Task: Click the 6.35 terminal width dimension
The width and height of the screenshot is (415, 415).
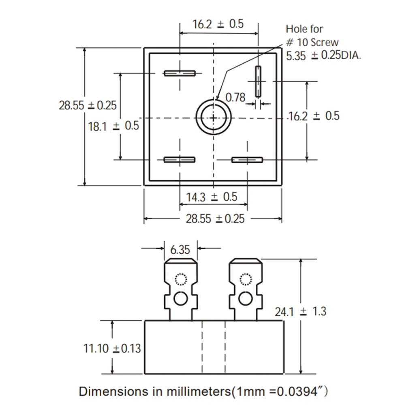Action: coord(180,250)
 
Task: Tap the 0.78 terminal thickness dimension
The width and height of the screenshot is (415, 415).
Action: coord(235,97)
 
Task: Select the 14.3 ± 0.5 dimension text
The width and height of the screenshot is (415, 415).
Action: coord(212,197)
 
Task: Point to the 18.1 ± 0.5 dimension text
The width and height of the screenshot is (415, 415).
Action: coord(113,126)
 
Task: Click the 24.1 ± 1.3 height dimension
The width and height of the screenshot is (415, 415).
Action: coord(300,312)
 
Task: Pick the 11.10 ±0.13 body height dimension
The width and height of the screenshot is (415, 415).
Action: coord(112,348)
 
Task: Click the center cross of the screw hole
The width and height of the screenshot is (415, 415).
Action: coord(213,118)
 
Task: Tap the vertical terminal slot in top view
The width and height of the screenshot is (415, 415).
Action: coord(258,81)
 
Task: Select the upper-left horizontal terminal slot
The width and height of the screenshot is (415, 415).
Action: coord(180,73)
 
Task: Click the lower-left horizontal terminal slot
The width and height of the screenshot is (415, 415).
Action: coord(180,160)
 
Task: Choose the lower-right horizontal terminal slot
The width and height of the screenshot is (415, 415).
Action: coord(247,160)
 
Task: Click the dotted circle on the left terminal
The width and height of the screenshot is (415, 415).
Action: coord(181,279)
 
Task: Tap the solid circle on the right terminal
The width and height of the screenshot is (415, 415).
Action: coord(245,299)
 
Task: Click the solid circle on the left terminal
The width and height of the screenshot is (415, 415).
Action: coord(181,299)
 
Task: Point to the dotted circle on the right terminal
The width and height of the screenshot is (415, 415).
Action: coord(246,279)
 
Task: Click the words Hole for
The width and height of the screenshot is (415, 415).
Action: coord(304,29)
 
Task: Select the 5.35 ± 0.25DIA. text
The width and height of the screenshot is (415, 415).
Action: coord(323,56)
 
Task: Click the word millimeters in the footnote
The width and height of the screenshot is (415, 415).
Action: coord(198,391)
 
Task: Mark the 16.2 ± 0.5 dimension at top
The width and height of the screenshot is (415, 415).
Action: coord(218,24)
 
